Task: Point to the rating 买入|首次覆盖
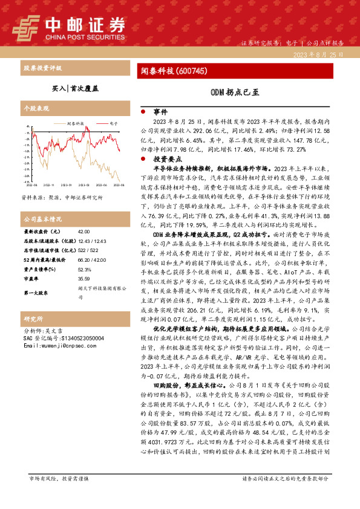pyautogui.click(x=74, y=88)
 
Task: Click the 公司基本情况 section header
pyautogui.click(x=42, y=218)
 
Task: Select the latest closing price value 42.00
pyautogui.click(x=83, y=231)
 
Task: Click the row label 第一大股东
pyautogui.click(x=36, y=293)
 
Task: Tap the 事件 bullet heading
pyautogui.click(x=160, y=112)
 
